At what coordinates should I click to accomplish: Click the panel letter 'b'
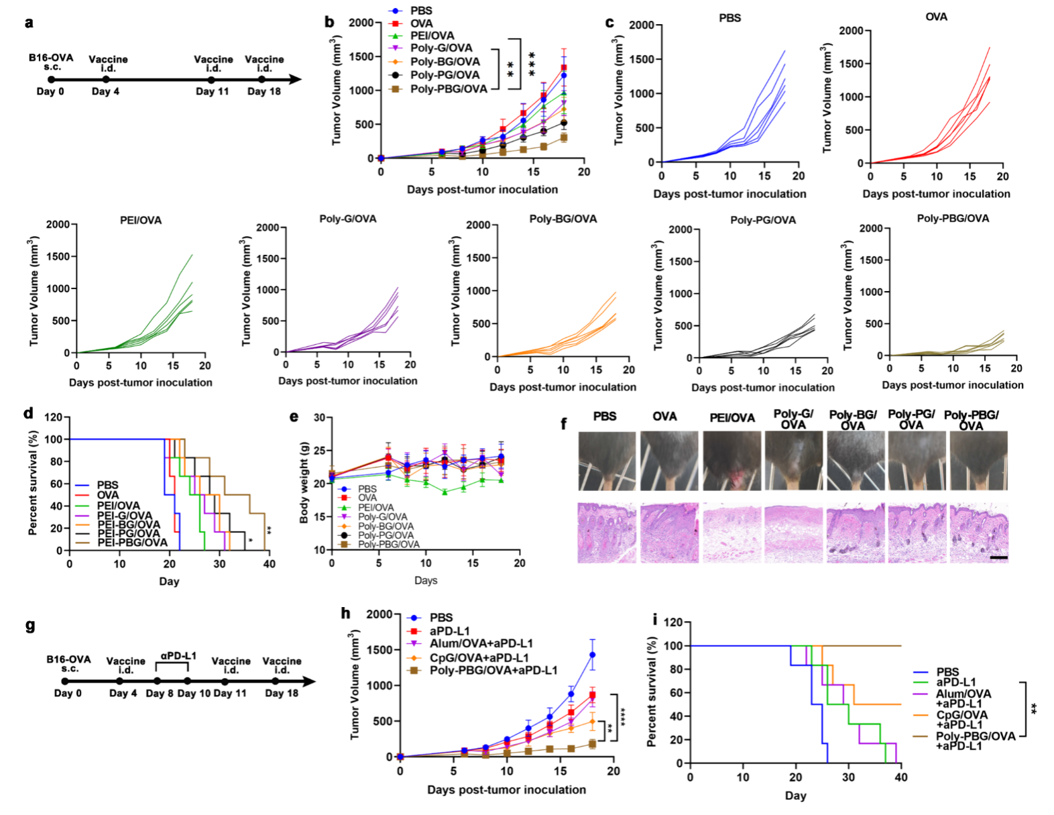(329, 22)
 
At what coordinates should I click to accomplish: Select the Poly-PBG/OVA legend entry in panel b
(448, 89)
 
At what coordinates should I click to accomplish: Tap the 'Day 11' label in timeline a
(212, 91)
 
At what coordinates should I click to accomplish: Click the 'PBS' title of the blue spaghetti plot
(729, 18)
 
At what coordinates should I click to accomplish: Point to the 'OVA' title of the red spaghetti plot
(936, 17)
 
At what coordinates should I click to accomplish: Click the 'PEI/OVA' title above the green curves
(141, 220)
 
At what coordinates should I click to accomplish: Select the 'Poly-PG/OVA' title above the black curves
(763, 220)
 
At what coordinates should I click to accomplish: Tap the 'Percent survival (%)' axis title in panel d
(32, 484)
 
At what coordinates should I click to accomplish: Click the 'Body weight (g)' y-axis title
(304, 482)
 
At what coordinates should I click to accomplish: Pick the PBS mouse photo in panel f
(607, 461)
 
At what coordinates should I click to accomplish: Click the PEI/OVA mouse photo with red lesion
(732, 461)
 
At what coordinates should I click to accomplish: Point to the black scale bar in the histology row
(998, 557)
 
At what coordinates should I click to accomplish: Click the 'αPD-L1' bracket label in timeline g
(178, 655)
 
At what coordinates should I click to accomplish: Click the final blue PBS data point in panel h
(592, 655)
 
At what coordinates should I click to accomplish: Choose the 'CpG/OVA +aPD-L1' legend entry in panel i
(961, 719)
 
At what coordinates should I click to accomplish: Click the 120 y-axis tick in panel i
(673, 622)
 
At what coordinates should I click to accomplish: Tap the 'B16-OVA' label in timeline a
(51, 58)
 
